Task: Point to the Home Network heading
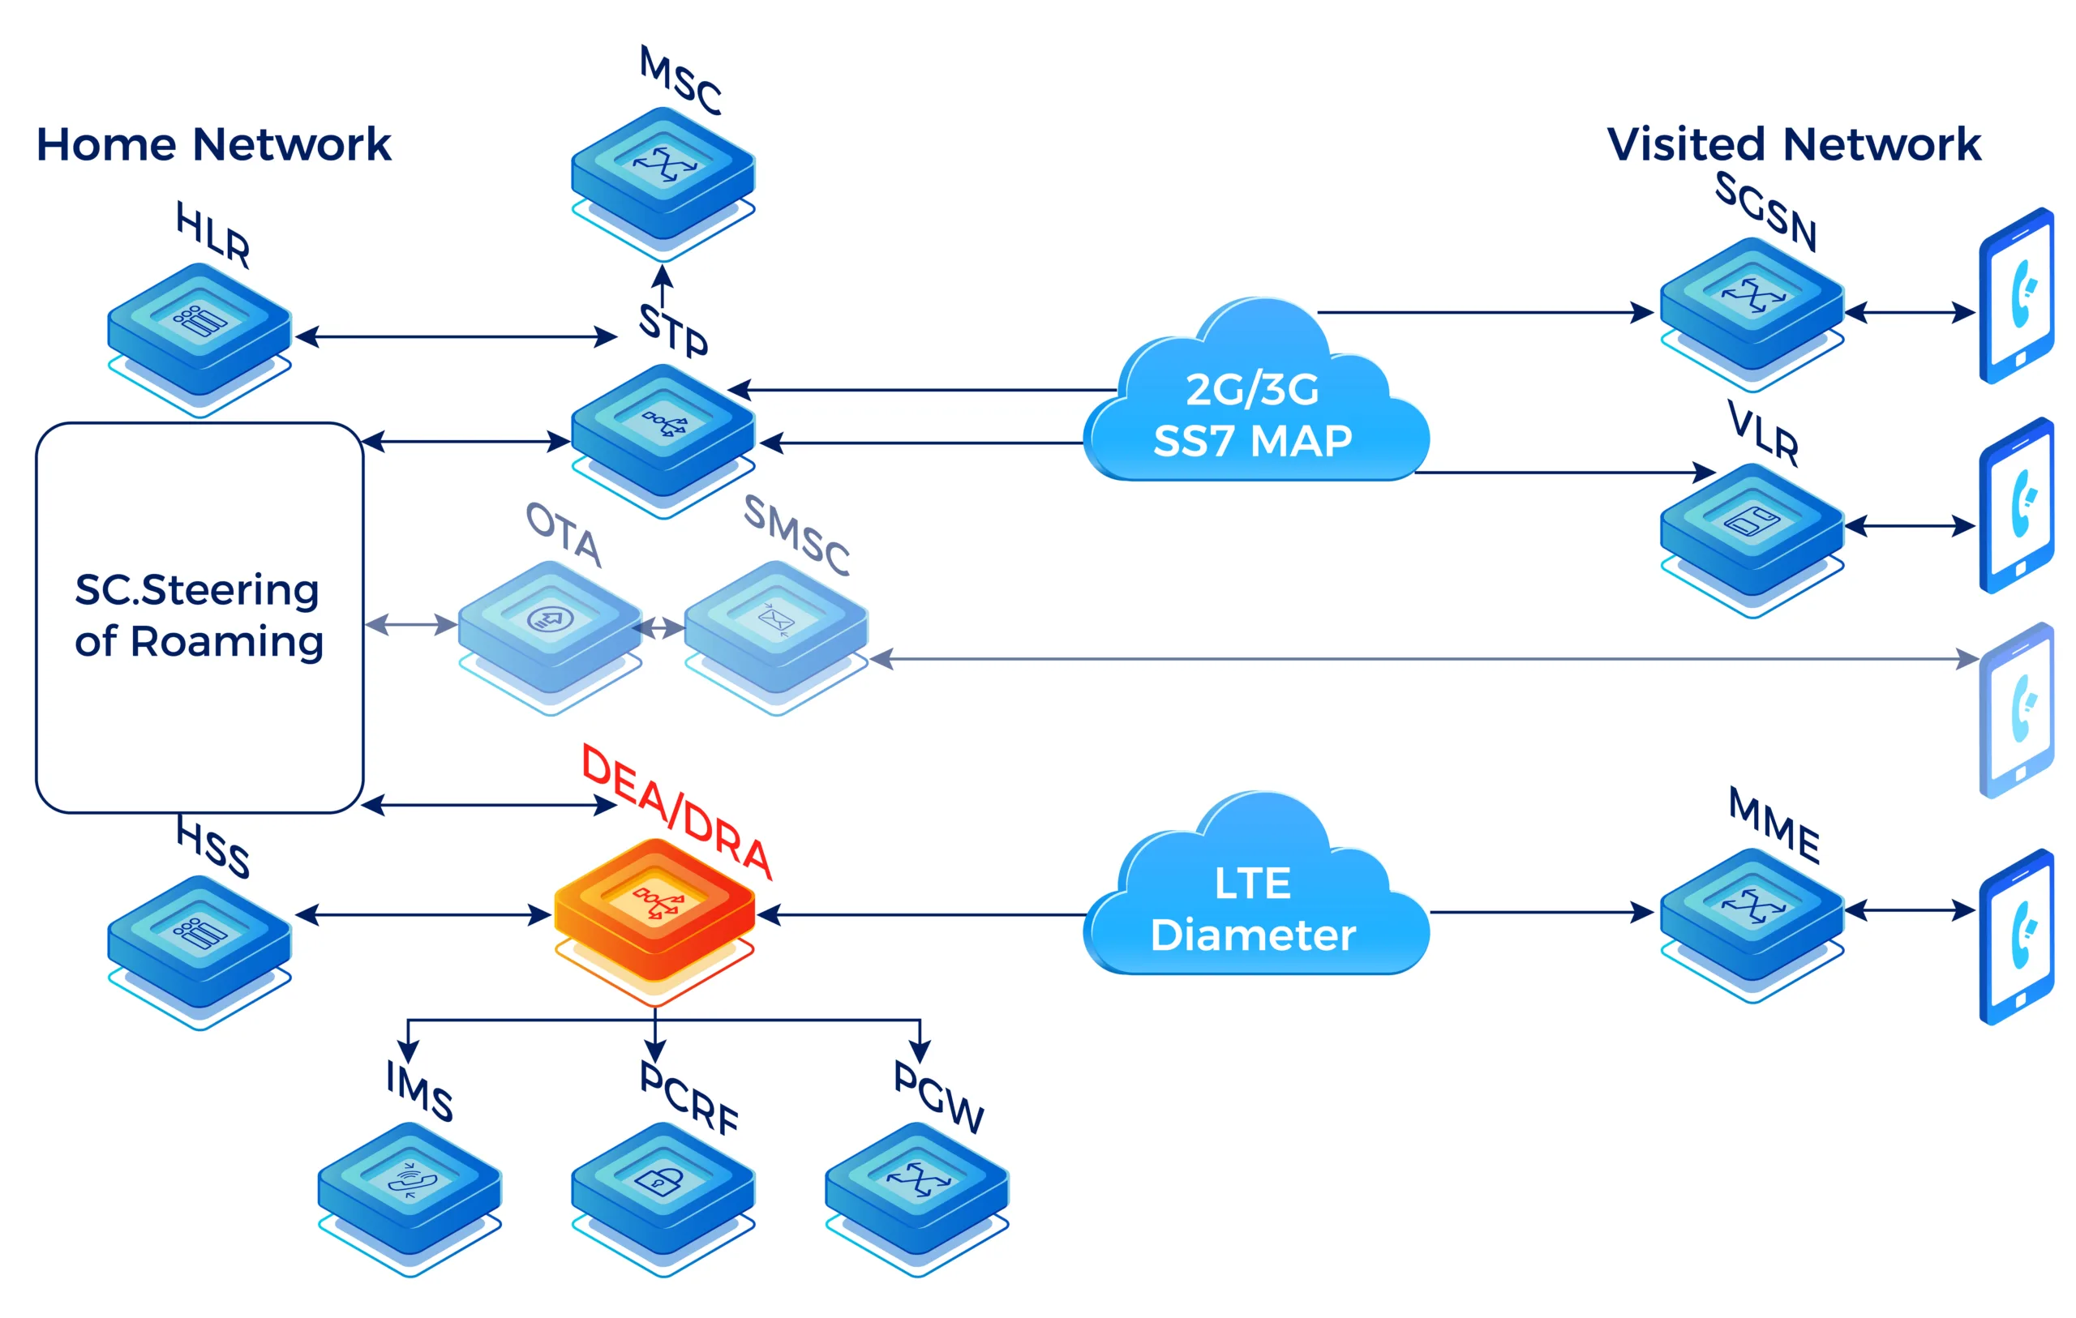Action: click(213, 144)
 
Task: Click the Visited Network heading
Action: click(1793, 144)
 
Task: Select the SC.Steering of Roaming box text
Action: click(199, 615)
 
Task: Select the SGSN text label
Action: click(1765, 212)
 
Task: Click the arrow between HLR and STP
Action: click(455, 336)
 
